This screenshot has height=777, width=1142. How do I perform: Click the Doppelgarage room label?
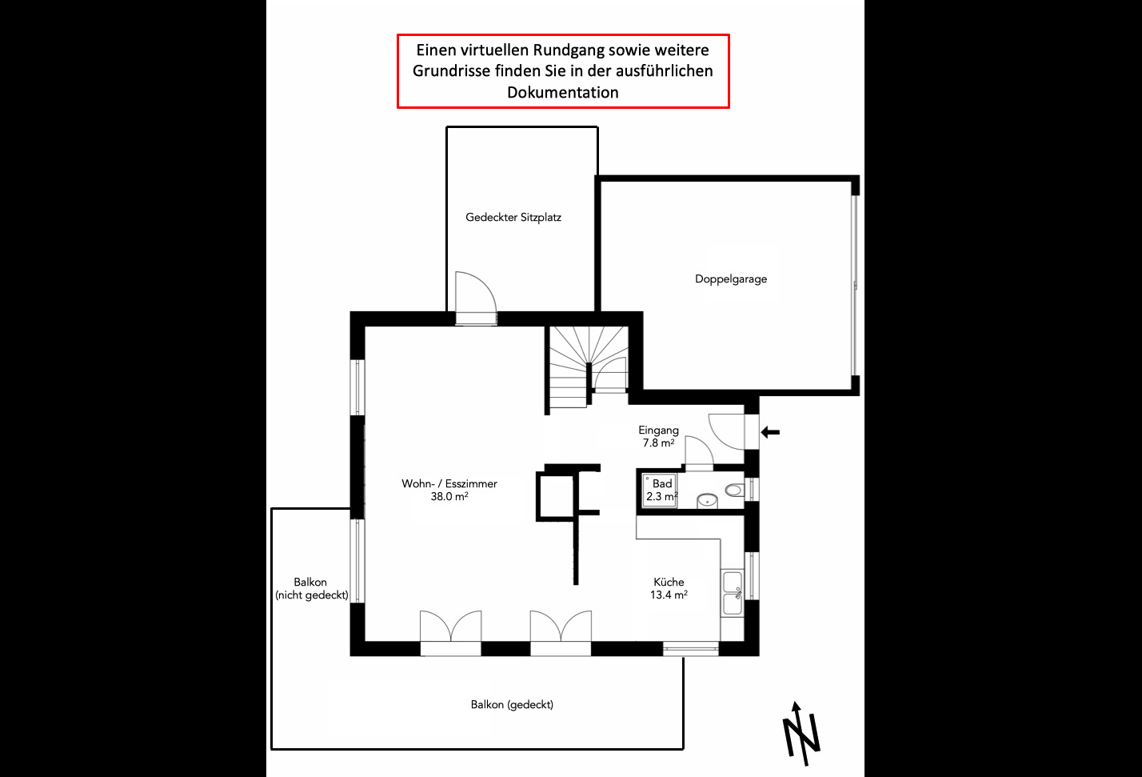(731, 279)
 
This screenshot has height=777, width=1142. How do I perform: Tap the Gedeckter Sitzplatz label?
(513, 218)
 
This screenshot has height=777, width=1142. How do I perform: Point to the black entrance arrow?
(770, 432)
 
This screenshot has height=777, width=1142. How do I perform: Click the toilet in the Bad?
(735, 491)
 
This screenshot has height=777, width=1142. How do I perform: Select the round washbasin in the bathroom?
(707, 501)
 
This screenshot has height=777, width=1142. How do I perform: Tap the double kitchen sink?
(733, 593)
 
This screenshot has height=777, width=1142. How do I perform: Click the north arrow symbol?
(801, 734)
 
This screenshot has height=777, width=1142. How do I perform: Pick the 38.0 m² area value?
(449, 496)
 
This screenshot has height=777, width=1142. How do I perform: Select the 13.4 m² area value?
(669, 595)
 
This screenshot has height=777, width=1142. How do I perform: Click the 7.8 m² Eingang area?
(658, 443)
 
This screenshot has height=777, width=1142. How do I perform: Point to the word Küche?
(669, 582)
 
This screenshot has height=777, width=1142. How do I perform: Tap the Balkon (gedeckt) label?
(512, 704)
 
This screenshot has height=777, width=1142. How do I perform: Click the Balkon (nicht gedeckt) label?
(312, 589)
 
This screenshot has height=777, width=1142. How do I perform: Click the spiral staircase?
(589, 366)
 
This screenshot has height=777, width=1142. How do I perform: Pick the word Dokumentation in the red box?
(562, 92)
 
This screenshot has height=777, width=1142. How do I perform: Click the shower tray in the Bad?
(660, 491)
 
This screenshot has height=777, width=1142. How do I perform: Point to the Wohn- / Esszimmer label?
(449, 483)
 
